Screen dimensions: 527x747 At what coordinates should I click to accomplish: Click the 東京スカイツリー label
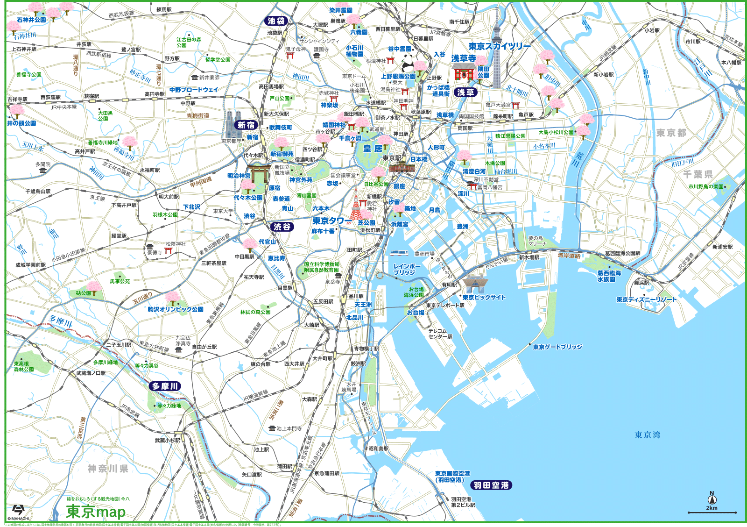500,46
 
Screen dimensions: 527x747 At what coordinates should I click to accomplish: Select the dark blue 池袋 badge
276,21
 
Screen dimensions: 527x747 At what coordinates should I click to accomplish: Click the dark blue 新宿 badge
246,125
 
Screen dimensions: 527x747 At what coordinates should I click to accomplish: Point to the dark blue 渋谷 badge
282,227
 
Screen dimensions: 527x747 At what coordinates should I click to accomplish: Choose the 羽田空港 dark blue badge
491,485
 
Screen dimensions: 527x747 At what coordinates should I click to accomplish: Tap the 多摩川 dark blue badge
165,386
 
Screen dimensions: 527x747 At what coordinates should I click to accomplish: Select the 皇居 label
373,149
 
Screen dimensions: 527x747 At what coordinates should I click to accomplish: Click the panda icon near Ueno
408,63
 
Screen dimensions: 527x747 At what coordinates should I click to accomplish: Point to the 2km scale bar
712,513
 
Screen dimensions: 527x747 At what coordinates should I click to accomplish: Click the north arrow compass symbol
712,499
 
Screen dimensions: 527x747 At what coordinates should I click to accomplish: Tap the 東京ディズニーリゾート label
646,299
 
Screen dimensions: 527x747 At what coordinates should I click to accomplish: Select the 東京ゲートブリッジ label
557,347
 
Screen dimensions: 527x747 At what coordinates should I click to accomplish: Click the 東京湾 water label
647,435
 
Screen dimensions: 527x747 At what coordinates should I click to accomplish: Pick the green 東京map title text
96,512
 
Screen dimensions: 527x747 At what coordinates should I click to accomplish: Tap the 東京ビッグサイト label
484,297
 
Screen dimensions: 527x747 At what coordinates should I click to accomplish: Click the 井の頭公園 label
21,123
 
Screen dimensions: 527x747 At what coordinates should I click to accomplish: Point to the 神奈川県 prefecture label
108,468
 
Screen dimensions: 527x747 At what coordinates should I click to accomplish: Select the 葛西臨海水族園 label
609,276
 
